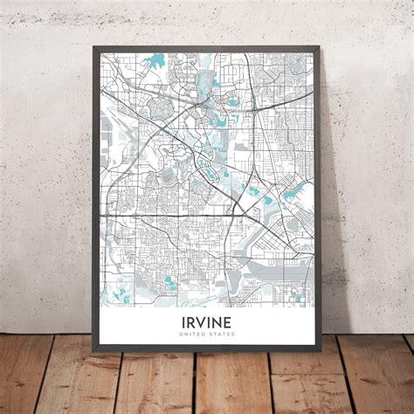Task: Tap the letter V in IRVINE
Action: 201,321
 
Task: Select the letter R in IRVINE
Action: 189,321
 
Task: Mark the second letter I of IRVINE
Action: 210,321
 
